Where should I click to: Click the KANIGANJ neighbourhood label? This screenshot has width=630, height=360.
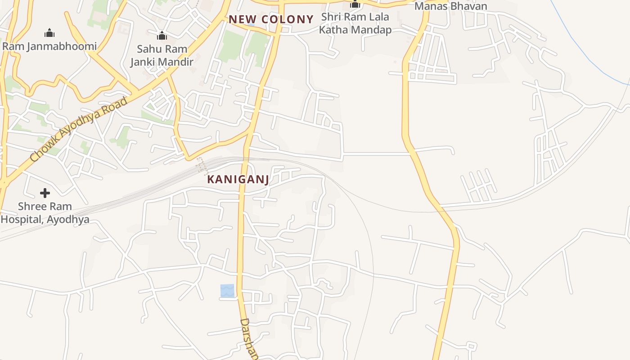(238, 179)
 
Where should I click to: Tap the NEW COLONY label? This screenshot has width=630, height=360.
(271, 19)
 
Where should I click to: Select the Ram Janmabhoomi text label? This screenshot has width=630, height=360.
(49, 46)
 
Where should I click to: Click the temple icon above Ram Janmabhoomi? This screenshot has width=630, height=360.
(49, 33)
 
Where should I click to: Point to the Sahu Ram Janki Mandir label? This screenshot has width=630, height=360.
(162, 55)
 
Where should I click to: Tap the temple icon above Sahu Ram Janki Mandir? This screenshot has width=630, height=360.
(162, 36)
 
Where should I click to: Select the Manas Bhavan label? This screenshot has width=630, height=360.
(450, 6)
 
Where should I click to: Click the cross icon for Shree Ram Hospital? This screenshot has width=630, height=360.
(45, 193)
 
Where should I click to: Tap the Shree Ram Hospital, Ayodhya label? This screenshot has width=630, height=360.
(45, 213)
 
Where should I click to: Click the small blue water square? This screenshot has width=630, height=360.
(227, 291)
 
